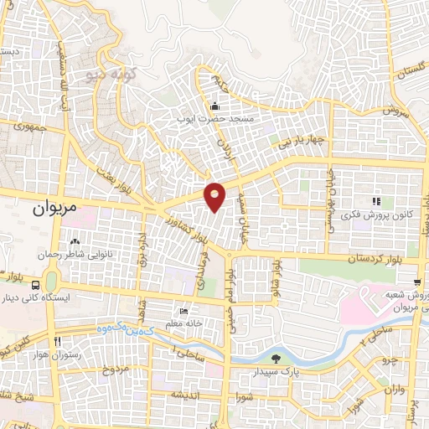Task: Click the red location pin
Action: pyautogui.click(x=215, y=195)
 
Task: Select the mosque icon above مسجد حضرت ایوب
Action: pyautogui.click(x=215, y=106)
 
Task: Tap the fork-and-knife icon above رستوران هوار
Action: pyautogui.click(x=58, y=342)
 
